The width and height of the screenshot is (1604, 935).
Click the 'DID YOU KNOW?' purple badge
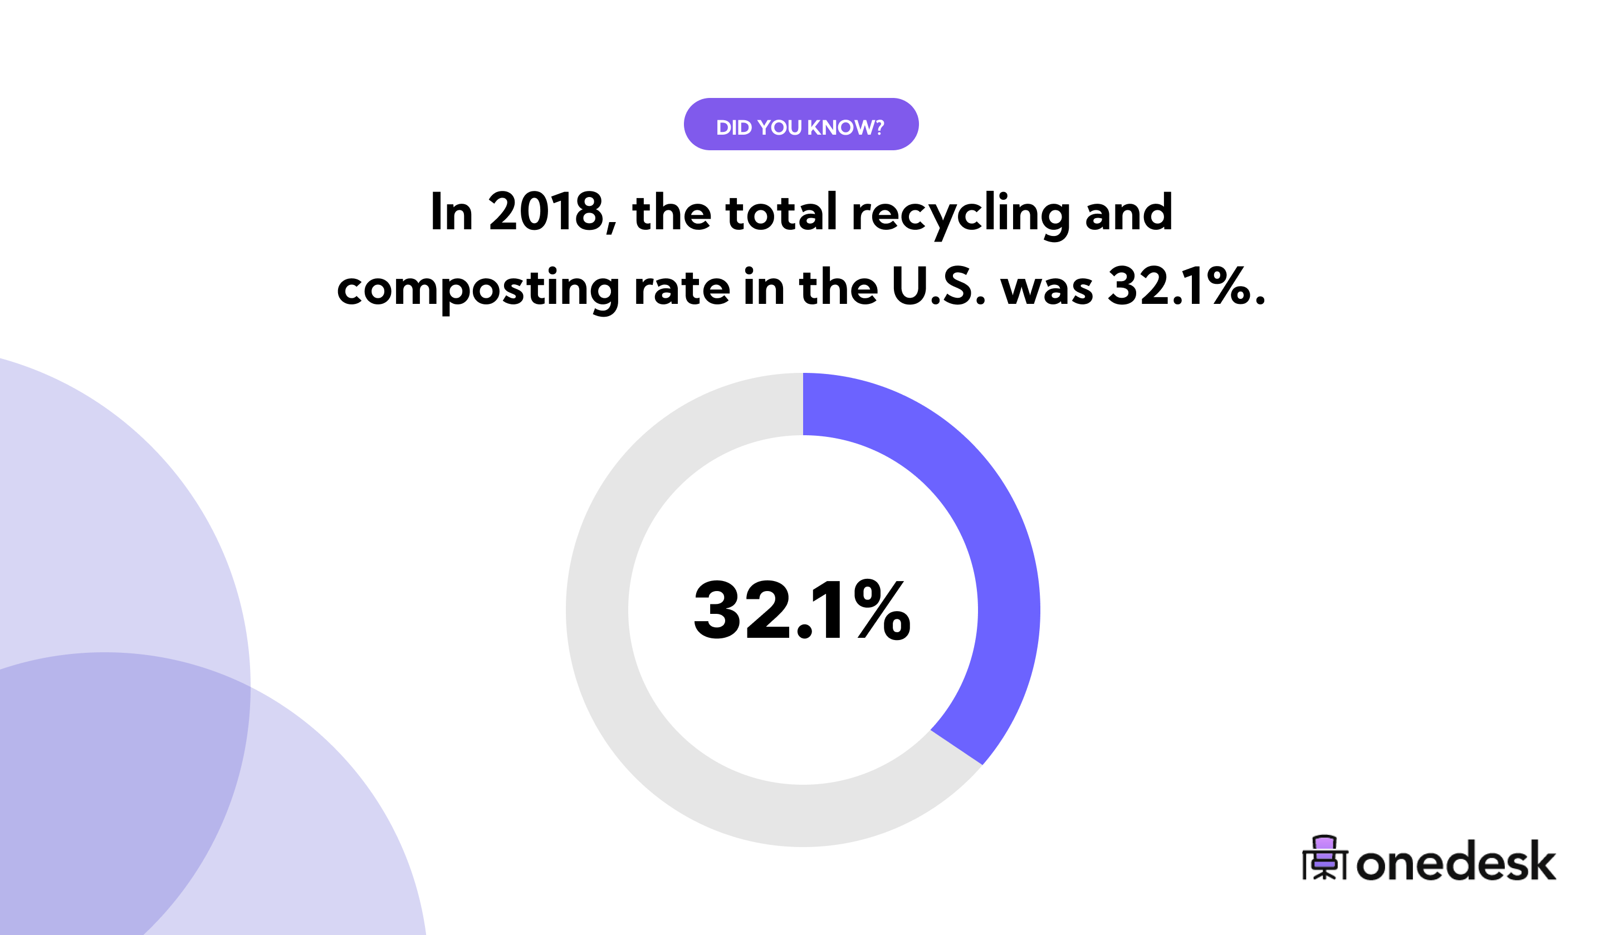tap(801, 124)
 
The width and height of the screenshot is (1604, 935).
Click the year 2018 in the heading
tap(546, 213)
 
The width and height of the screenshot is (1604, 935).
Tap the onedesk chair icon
tap(1324, 858)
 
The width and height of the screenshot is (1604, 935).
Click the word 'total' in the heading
tap(781, 213)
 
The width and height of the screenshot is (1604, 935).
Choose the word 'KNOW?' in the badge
tap(845, 127)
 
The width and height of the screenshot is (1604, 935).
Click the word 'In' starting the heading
tap(451, 213)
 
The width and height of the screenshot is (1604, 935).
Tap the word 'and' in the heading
tap(1128, 213)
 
